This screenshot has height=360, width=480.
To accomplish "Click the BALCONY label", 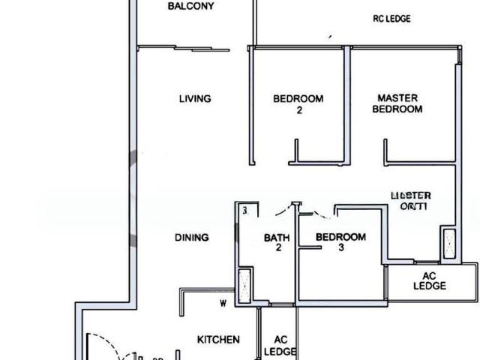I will [x=190, y=7].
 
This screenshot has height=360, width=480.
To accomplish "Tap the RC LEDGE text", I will [x=391, y=19].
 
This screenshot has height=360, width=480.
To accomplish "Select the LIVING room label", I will [x=195, y=98].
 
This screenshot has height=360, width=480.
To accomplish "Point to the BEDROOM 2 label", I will [x=298, y=104].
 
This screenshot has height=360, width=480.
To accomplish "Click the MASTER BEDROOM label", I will [x=400, y=103].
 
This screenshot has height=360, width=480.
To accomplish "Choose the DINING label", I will [x=192, y=238].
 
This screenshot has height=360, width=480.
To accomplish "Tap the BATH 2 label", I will [x=277, y=244].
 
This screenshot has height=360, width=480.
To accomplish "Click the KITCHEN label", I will [x=218, y=340].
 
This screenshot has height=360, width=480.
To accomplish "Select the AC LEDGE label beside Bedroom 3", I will [x=430, y=280].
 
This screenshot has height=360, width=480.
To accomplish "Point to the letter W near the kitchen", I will [x=223, y=304].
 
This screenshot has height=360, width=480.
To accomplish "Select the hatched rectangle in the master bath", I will [x=449, y=244].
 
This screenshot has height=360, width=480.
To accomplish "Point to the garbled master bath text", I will [x=410, y=201].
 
